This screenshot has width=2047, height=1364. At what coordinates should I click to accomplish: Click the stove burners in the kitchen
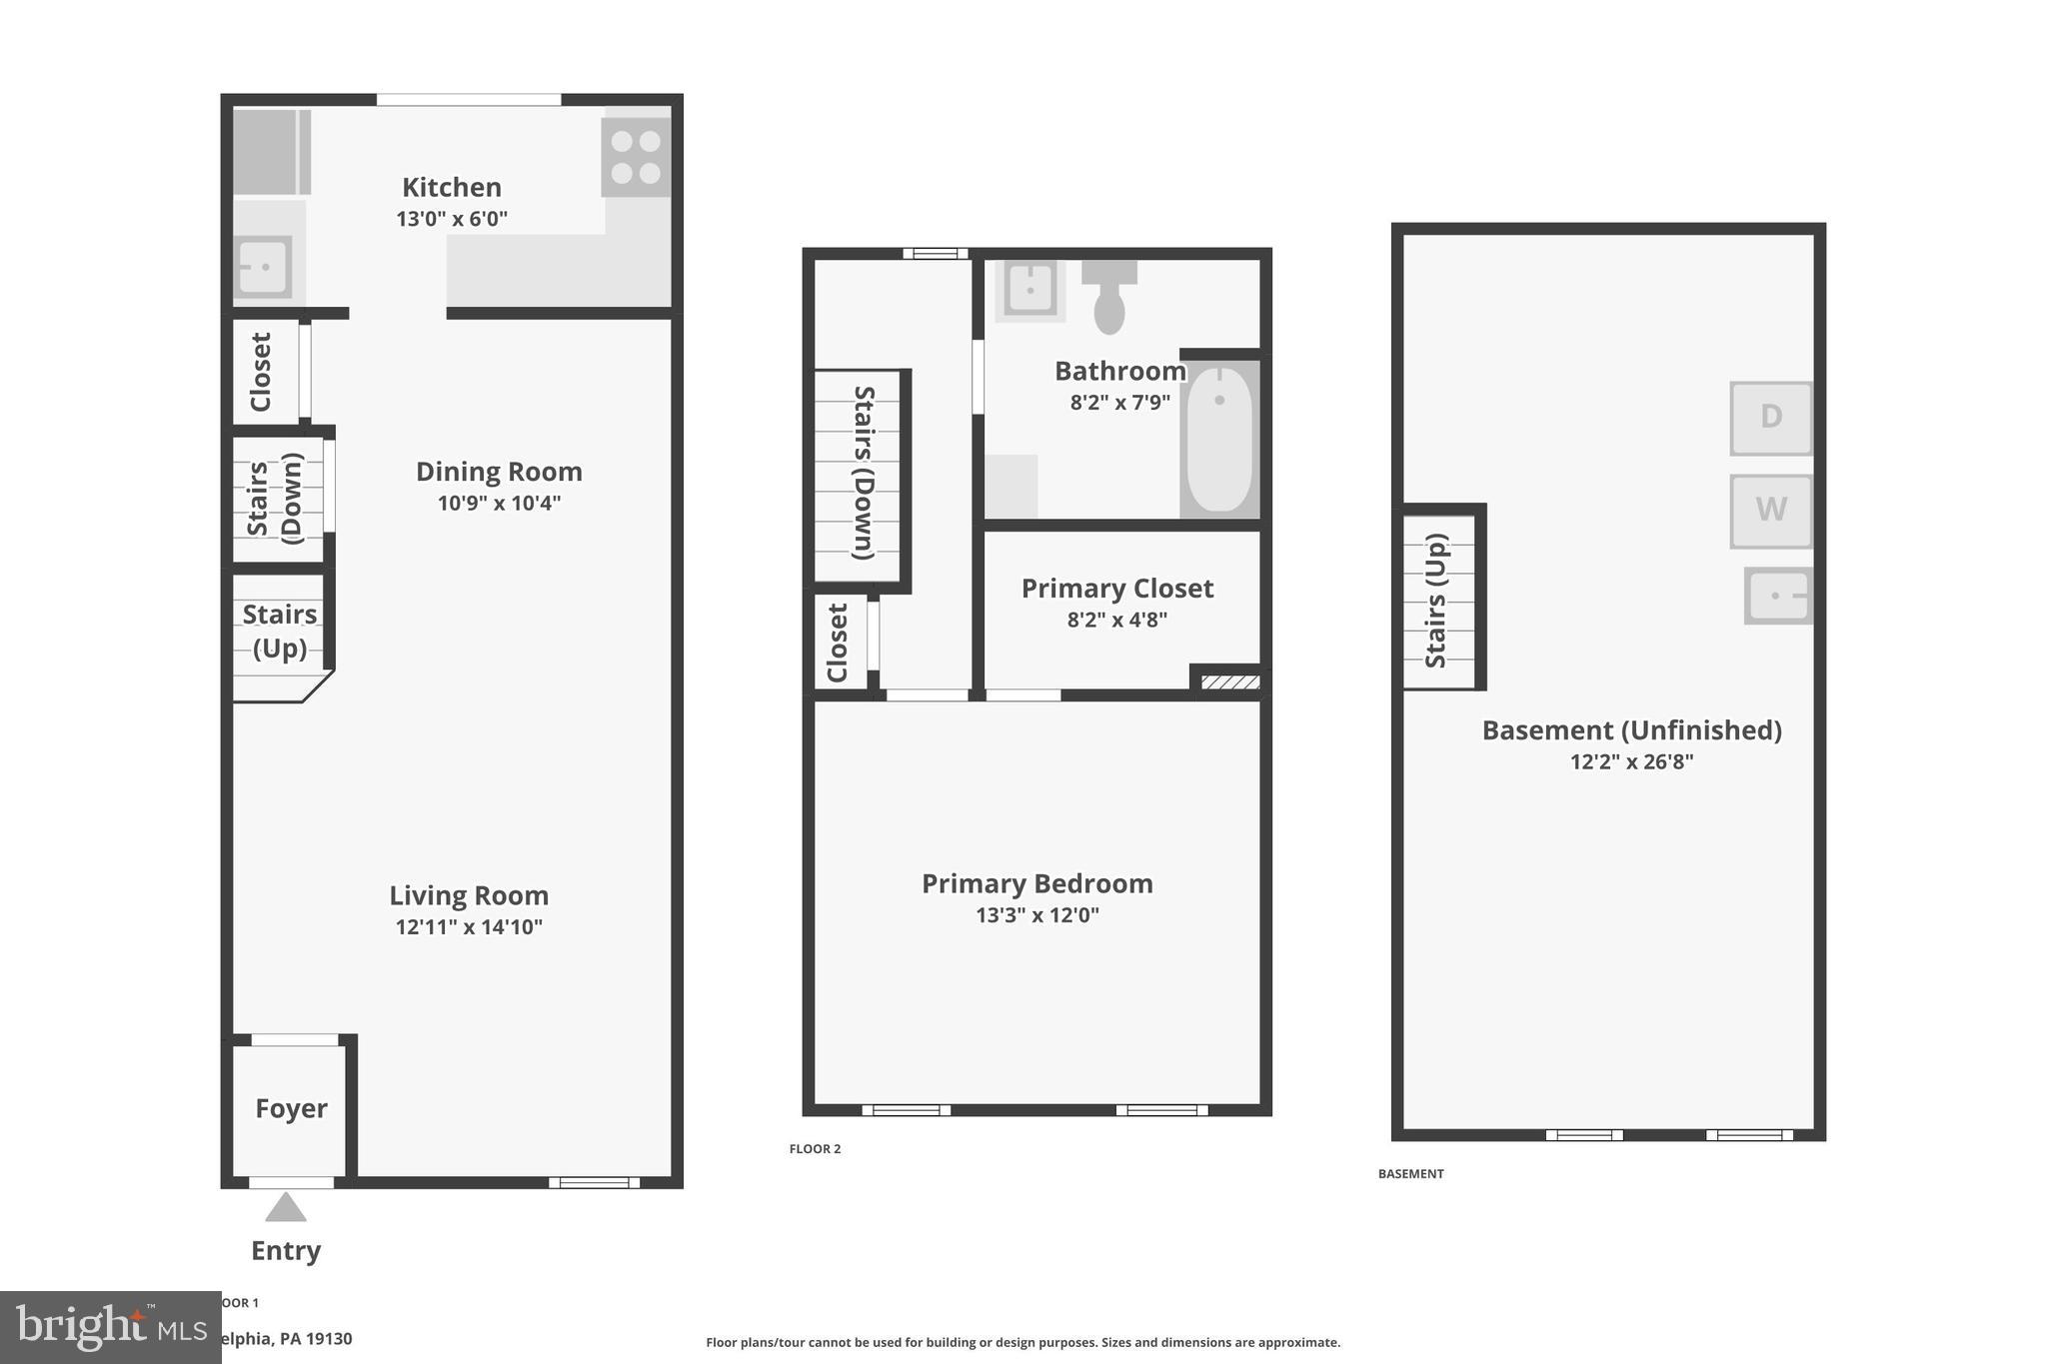(x=636, y=157)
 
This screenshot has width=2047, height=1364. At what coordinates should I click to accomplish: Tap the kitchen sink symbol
(x=263, y=267)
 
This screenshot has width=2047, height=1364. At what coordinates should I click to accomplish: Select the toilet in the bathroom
(x=1109, y=297)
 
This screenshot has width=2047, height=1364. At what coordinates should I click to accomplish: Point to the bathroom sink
(x=1029, y=289)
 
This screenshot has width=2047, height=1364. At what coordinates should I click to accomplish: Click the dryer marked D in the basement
(x=1771, y=417)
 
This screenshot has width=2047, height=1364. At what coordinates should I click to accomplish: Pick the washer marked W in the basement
(x=1771, y=511)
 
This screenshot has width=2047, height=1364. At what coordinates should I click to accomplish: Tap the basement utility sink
(x=1778, y=596)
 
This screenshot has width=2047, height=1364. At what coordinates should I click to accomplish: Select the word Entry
(x=286, y=1251)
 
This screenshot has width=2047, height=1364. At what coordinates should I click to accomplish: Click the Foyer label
(x=291, y=1108)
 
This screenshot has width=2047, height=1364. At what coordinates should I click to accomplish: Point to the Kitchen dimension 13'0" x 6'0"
(x=452, y=219)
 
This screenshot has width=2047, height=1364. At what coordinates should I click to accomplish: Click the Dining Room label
(x=499, y=472)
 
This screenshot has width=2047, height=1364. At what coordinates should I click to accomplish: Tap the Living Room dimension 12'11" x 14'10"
(x=469, y=927)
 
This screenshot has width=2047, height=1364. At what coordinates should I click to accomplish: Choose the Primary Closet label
(x=1117, y=589)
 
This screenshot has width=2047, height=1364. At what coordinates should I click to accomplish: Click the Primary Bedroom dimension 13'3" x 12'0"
(x=1037, y=915)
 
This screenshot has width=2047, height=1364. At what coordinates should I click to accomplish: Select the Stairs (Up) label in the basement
(x=1436, y=601)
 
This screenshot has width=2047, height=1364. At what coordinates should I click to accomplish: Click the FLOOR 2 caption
(x=815, y=1149)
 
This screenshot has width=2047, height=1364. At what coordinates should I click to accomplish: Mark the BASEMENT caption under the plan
(x=1410, y=1174)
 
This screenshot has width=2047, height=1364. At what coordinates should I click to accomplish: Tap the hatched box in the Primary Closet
(x=1229, y=682)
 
